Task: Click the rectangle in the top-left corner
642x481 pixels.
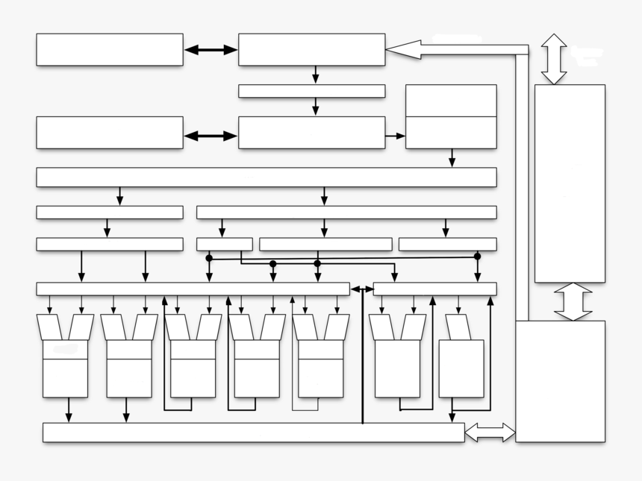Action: (110, 49)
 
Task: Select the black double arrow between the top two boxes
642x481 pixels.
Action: (211, 50)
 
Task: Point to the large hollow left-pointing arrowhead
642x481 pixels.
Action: (404, 49)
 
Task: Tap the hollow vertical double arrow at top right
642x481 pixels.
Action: (554, 58)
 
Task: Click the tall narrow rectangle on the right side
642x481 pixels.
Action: (570, 183)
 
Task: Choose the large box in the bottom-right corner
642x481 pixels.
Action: (560, 381)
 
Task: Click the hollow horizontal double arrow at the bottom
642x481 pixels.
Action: (490, 433)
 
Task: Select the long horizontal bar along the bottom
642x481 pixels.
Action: (253, 433)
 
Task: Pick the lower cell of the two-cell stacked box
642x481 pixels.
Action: (451, 133)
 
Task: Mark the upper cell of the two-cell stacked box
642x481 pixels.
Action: (451, 101)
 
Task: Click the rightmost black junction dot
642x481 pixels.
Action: (478, 257)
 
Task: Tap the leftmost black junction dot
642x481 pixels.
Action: (209, 258)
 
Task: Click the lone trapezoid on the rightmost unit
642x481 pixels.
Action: (458, 327)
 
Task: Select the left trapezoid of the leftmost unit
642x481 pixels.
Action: (49, 327)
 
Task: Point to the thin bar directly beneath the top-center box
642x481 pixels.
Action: (311, 91)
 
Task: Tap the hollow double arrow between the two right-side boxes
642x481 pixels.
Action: (573, 301)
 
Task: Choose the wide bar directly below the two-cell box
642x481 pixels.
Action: (267, 177)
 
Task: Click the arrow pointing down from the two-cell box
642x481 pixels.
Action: (452, 158)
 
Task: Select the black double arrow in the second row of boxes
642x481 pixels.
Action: (211, 136)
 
